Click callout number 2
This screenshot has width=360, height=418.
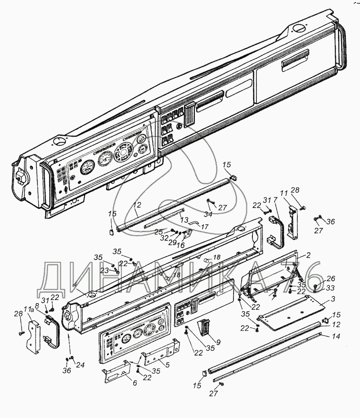(x=308, y=255)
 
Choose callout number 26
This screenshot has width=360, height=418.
(x=331, y=278)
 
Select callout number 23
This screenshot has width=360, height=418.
(x=105, y=271)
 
